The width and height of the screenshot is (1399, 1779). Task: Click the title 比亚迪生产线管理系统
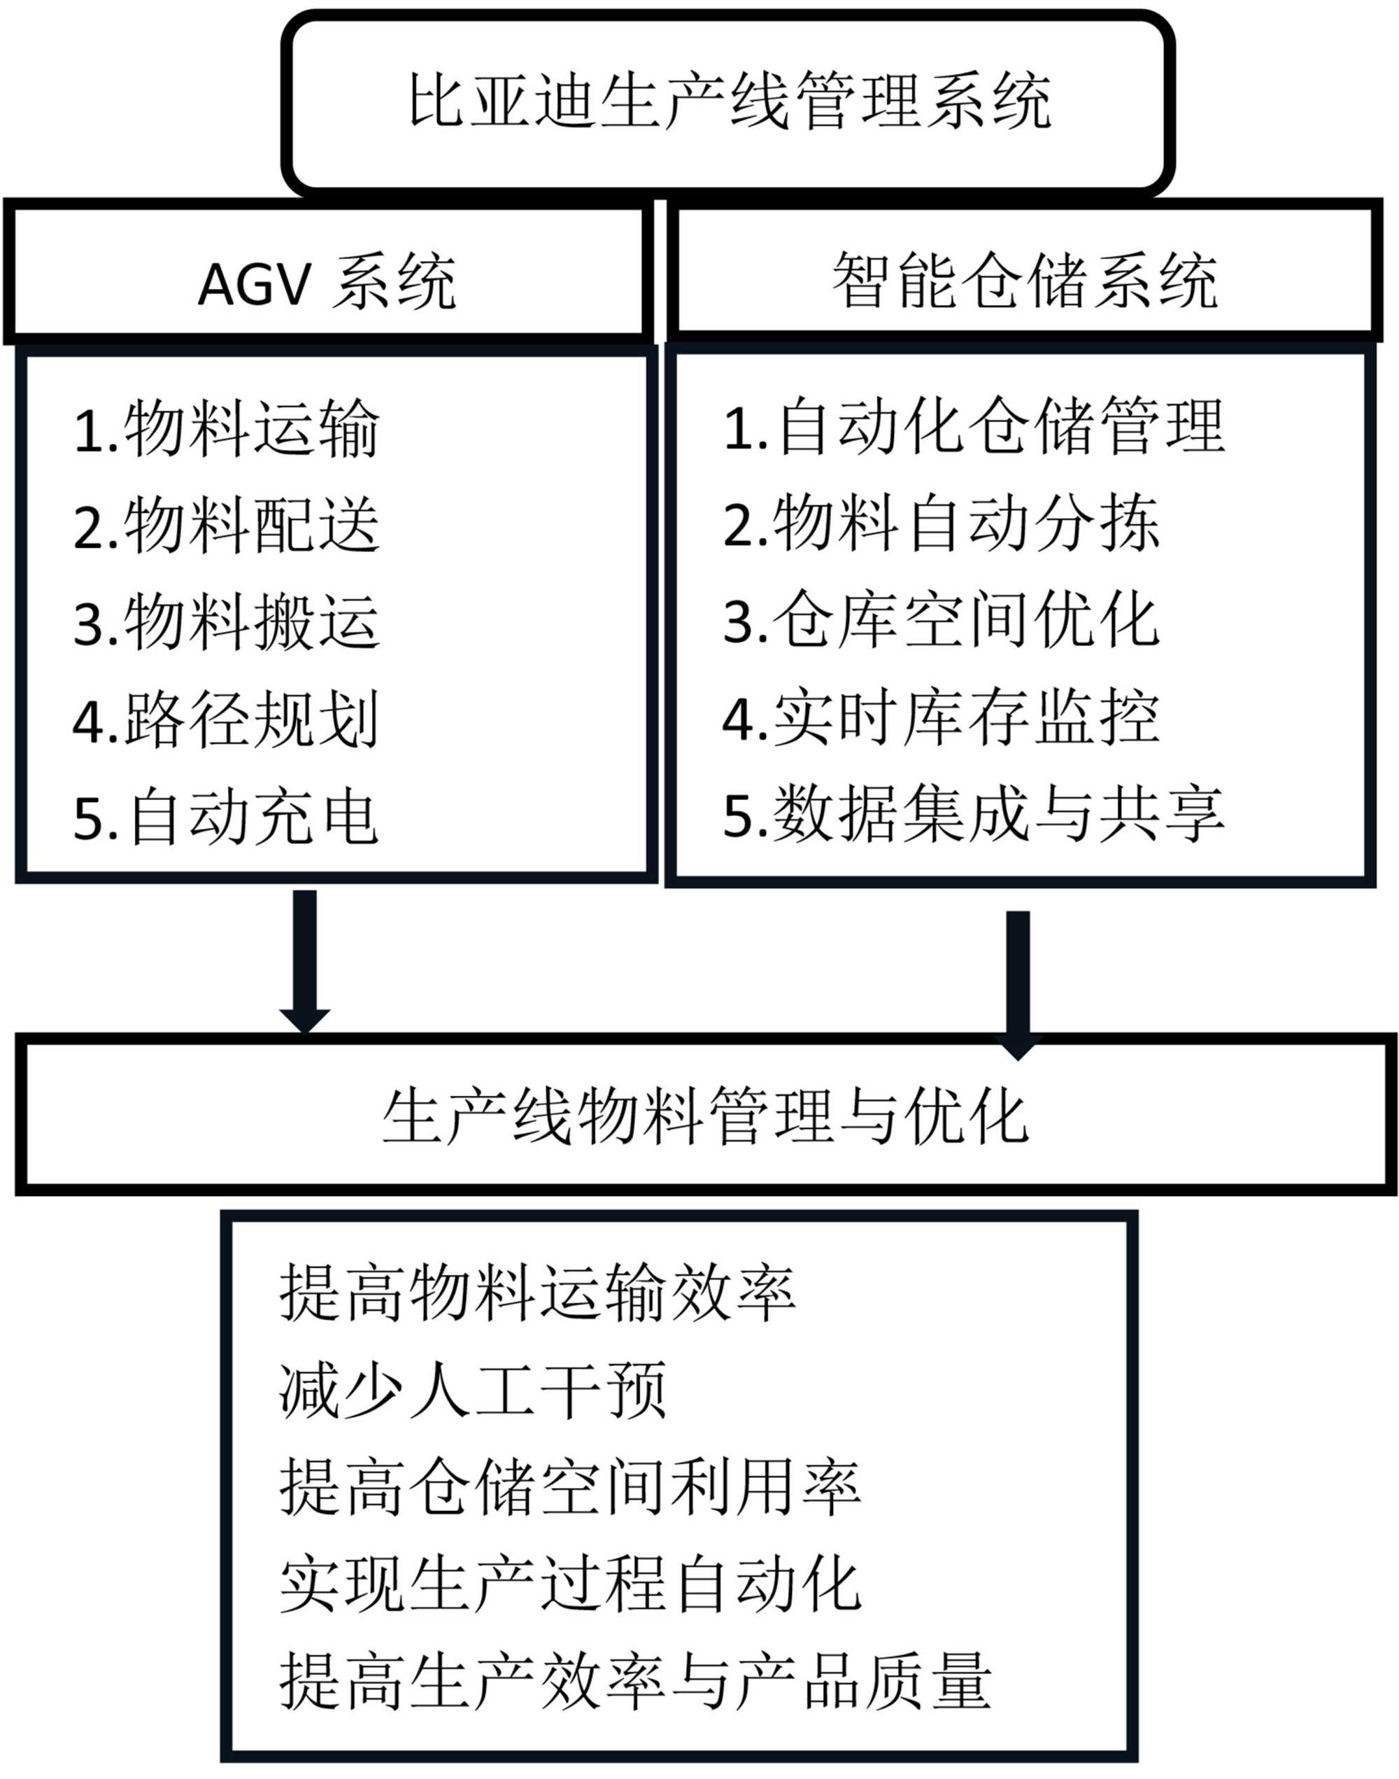(729, 101)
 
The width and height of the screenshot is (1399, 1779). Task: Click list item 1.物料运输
(227, 428)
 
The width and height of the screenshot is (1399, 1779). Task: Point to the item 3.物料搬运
(227, 622)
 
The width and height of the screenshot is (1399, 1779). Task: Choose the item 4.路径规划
(227, 719)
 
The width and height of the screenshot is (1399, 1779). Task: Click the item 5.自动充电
(227, 817)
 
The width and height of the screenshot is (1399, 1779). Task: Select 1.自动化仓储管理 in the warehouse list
(974, 426)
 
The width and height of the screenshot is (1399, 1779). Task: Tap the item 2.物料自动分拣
(941, 523)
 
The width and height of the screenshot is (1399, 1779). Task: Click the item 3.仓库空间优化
(941, 620)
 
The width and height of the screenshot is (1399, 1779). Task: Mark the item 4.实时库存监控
(941, 718)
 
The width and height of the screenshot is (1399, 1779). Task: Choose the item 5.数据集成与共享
(974, 815)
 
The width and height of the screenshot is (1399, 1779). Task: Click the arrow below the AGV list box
(305, 959)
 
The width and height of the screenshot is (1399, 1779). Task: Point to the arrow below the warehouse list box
(1017, 983)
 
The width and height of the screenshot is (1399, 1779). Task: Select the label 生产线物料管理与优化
(704, 1118)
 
